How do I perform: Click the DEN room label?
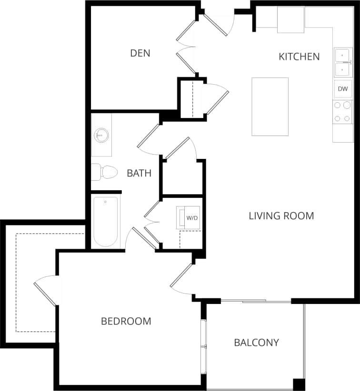(140, 53)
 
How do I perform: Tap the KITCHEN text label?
(299, 57)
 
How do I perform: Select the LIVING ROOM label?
(281, 216)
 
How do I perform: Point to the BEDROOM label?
(126, 321)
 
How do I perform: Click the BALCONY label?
(256, 342)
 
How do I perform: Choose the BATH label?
(139, 173)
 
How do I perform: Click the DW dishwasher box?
(343, 89)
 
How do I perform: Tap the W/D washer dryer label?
(192, 218)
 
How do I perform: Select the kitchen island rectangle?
(270, 107)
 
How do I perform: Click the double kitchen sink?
(343, 62)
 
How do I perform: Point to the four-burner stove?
(342, 112)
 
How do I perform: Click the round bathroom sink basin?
(101, 135)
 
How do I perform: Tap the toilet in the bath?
(104, 172)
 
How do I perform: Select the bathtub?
(106, 221)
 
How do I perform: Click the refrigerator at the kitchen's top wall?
(290, 20)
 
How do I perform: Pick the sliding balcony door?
(256, 301)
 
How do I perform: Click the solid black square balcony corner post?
(299, 384)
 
